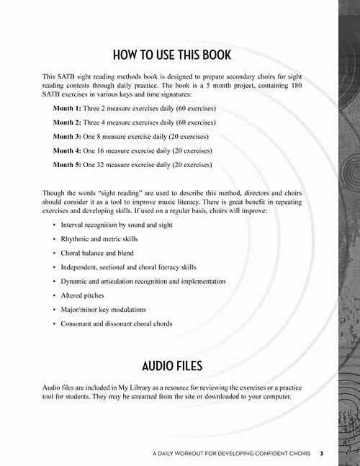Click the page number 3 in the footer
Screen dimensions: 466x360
click(x=322, y=454)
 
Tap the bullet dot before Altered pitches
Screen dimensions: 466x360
click(x=55, y=296)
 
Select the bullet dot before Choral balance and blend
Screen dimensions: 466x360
click(x=55, y=254)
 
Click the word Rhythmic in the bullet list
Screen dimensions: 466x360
click(x=77, y=239)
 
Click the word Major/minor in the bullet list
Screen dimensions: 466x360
click(x=81, y=310)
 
